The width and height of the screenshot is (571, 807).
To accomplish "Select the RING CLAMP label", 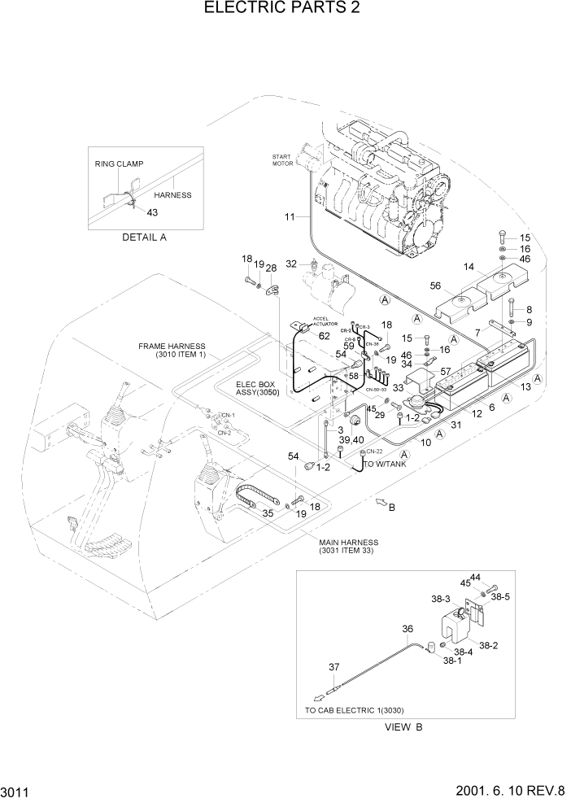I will coord(119,164).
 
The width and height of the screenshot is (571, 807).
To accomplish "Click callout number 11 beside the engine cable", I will coord(290,216).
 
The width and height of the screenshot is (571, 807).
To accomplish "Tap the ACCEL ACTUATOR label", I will coord(325,321).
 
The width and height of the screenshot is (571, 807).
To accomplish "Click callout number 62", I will coord(324,335).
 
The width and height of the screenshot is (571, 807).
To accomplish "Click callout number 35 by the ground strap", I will coord(267,513).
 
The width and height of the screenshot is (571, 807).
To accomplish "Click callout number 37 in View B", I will coord(333,667).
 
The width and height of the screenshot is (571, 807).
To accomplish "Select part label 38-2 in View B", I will coord(489,645).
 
